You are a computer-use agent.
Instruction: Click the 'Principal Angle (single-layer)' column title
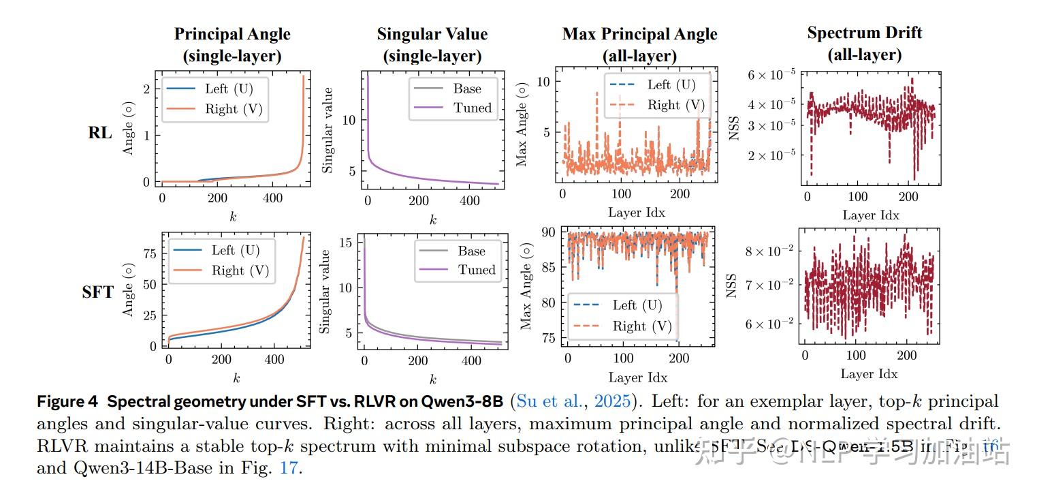tap(232, 45)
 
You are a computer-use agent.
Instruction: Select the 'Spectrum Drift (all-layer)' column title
tap(864, 44)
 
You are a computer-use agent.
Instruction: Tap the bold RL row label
tap(100, 132)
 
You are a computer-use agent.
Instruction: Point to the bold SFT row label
tap(97, 293)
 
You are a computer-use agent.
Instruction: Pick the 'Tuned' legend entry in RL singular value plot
tap(473, 108)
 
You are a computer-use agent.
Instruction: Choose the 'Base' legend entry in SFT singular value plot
tap(471, 251)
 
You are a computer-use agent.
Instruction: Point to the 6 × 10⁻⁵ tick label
tap(766, 75)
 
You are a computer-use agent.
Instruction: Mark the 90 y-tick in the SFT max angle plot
tap(546, 232)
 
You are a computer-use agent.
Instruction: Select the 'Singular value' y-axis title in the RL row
tap(328, 129)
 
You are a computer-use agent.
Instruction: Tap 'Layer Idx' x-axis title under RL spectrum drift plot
tap(870, 215)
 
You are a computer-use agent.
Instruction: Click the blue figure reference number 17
tap(288, 469)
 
